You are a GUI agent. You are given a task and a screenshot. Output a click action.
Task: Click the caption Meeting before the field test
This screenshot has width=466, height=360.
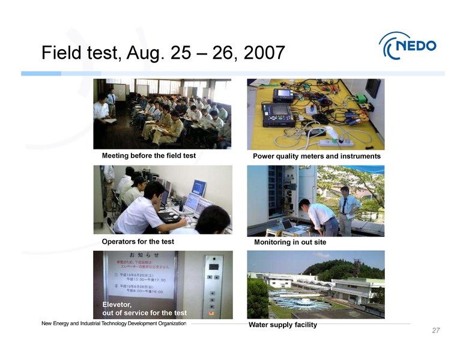pos(149,155)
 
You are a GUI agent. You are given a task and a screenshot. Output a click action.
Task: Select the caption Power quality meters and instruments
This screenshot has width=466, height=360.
pos(316,156)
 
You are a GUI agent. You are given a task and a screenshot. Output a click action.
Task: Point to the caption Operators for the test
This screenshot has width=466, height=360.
pos(138,241)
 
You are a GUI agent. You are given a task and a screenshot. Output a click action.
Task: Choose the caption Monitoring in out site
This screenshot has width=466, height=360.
pos(290,242)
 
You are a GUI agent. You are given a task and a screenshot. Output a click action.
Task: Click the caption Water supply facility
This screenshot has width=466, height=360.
pos(282,325)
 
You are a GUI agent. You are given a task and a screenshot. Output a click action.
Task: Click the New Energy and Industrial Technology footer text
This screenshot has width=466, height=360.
pos(113,323)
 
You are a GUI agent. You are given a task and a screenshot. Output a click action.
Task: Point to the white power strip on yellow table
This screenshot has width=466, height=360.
pos(335,142)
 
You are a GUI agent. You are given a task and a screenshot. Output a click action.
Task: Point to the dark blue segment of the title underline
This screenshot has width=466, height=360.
pos(41,73)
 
